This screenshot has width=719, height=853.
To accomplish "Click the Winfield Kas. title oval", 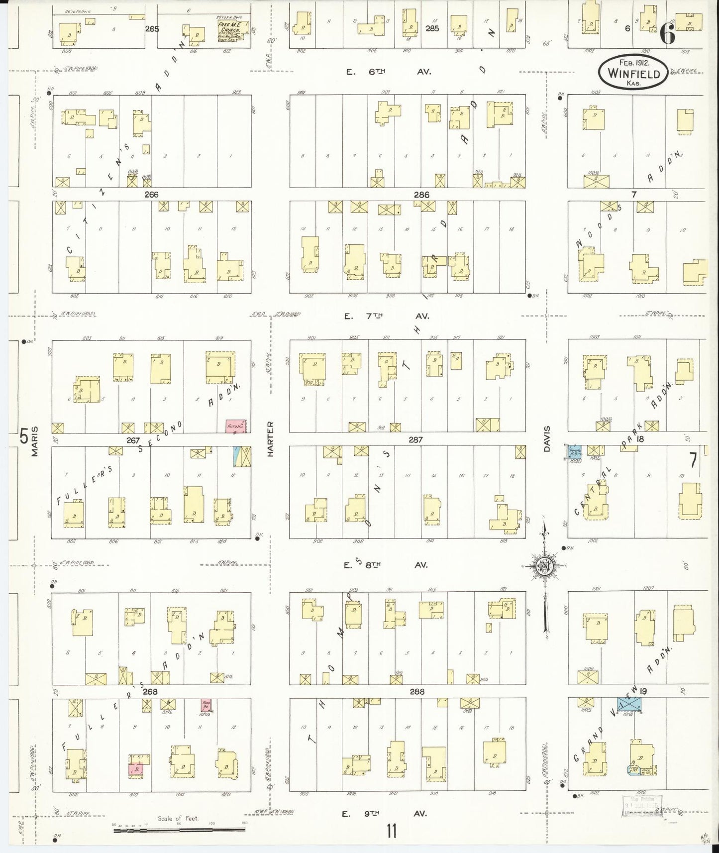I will [632, 73].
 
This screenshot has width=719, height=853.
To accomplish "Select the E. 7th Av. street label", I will [386, 316].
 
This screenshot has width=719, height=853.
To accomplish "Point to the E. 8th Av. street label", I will [386, 565].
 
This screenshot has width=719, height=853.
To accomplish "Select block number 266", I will [151, 195].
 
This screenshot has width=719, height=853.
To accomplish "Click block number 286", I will [421, 195].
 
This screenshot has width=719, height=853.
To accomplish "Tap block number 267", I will [133, 440].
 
